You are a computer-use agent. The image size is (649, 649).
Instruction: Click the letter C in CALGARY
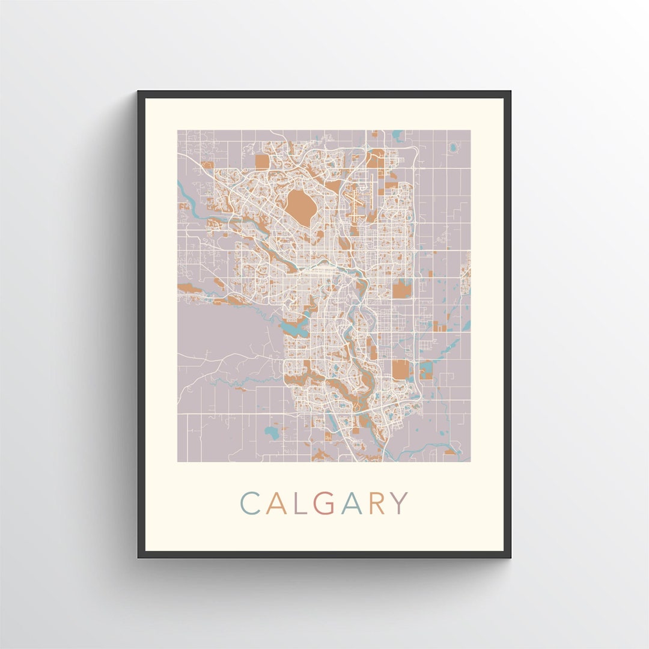click(250, 504)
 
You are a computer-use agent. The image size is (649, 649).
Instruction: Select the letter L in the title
click(299, 504)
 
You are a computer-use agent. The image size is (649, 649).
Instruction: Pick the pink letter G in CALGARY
click(324, 504)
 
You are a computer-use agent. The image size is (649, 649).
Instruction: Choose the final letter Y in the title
click(399, 504)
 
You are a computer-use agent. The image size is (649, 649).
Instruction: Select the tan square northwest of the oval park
click(262, 162)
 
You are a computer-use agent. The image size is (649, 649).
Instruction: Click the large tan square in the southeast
click(400, 370)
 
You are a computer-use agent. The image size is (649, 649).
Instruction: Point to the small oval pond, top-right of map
click(453, 146)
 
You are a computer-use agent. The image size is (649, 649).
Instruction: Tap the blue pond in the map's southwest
click(272, 432)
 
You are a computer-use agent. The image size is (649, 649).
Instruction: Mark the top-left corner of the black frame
click(139, 92)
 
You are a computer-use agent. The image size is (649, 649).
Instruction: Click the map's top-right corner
click(470, 130)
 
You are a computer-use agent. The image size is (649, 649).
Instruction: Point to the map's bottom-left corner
click(178, 461)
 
